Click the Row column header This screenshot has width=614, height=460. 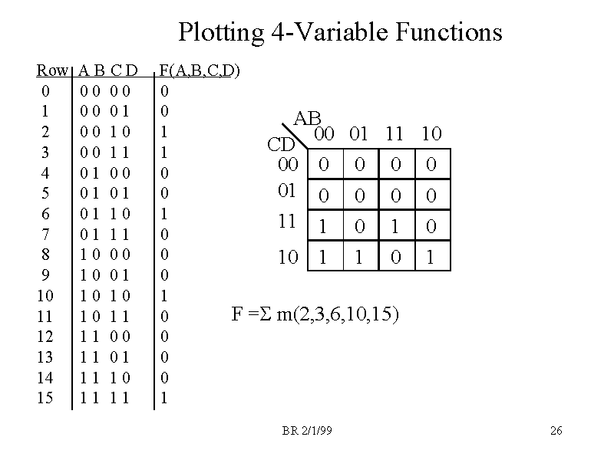pos(51,71)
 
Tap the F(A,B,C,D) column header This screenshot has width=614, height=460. pos(199,72)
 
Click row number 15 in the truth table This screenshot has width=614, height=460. pos(47,398)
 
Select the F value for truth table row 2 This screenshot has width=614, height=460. pos(163,132)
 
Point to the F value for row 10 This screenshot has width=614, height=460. pos(163,295)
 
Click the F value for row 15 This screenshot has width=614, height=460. pos(163,398)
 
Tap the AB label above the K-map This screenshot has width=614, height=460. pos(307,119)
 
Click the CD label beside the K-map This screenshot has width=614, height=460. pos(281,145)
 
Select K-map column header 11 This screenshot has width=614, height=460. pos(395,135)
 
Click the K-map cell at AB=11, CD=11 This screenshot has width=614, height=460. pos(396,228)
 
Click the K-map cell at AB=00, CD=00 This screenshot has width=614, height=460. pos(324,166)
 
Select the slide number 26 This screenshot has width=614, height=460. pos(556,431)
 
